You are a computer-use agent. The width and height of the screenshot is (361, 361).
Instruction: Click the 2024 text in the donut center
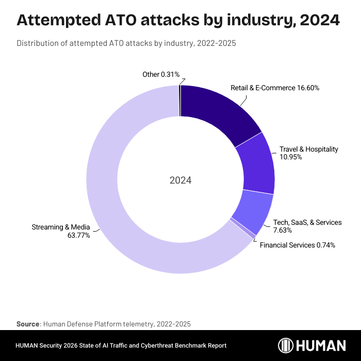tap(180, 180)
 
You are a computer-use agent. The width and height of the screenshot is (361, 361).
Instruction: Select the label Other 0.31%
tap(160, 75)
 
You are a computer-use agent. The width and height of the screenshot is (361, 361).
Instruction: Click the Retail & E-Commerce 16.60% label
tap(275, 88)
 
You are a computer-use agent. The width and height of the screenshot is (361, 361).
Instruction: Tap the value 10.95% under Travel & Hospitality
tap(290, 157)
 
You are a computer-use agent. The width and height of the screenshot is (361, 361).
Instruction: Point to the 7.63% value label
tap(283, 230)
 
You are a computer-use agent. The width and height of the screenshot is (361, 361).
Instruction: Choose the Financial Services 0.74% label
tap(297, 245)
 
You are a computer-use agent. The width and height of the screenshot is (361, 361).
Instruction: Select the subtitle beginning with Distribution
tap(126, 43)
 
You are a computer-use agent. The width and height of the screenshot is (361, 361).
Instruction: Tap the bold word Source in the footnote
tap(28, 324)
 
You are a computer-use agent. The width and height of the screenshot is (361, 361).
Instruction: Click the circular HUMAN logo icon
tap(287, 346)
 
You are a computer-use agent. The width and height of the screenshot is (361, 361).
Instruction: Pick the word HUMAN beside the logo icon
tap(322, 346)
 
